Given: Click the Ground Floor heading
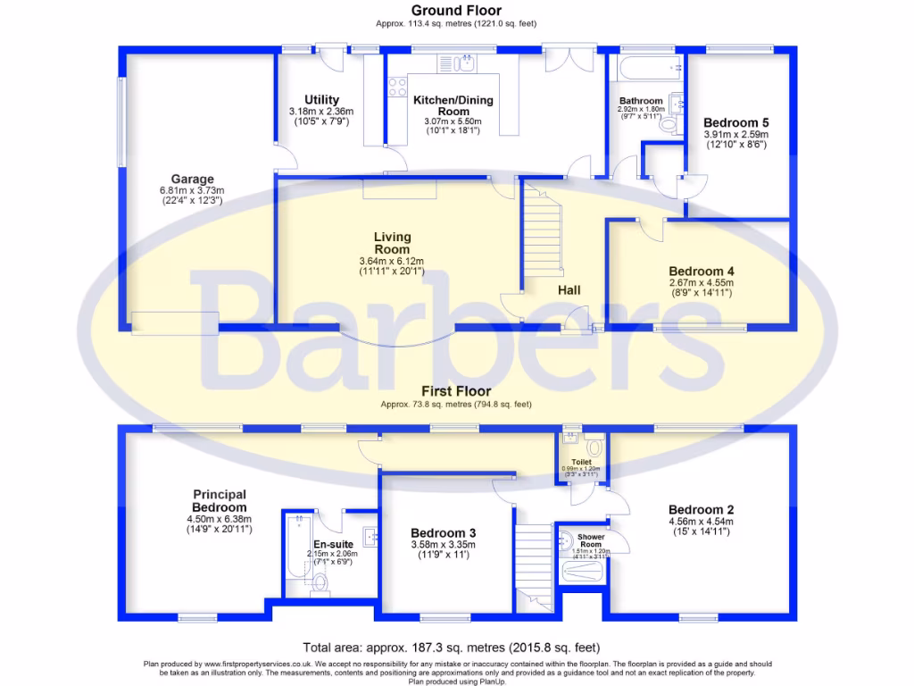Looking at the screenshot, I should click(456, 11).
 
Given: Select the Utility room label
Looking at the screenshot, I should click(320, 99).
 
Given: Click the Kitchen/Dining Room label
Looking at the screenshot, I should click(453, 105).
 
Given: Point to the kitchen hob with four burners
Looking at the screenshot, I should click(397, 88).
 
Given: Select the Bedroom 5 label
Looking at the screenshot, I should click(735, 123).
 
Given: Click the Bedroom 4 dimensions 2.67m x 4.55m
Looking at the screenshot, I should click(700, 283).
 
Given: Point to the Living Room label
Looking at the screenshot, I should click(392, 243).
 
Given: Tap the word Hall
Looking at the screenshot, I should click(569, 290).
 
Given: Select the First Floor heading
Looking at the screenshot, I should click(456, 391).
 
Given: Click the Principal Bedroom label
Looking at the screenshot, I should click(219, 500).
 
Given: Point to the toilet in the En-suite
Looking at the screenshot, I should click(320, 585).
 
